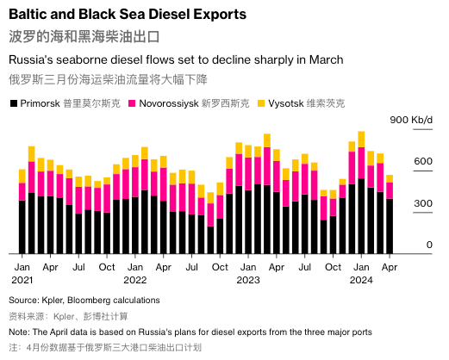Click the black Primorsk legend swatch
point(14,103)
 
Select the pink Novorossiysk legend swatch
point(132,103)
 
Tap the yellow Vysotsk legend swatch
point(261,103)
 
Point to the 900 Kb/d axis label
point(411,120)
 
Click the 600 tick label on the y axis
point(423,161)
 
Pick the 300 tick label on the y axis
point(423,203)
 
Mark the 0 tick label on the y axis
point(429,245)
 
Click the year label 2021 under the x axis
point(22,280)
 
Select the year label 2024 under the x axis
point(361,280)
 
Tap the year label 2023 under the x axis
point(248,280)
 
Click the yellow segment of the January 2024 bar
point(361,140)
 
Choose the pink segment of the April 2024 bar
point(390,190)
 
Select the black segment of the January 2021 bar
point(22,227)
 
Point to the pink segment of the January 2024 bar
point(361,163)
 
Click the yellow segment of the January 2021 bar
point(22,177)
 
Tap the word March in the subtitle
point(327,59)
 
